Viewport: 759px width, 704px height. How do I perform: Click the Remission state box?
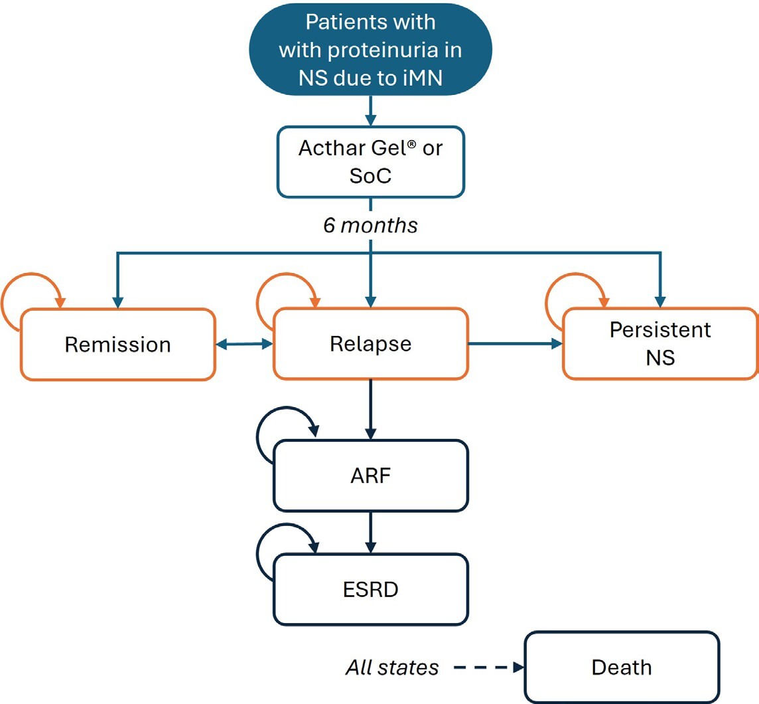[117, 345]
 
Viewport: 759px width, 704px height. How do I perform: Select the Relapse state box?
[370, 344]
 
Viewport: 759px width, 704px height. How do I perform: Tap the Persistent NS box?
[659, 344]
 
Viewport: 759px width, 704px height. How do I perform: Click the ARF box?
[370, 476]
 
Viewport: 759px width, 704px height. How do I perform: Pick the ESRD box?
[370, 589]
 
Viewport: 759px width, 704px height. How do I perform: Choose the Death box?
[622, 667]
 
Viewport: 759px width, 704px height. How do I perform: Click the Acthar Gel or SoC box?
[370, 162]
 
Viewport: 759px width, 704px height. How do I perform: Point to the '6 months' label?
[370, 225]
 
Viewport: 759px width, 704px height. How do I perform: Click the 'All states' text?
[391, 667]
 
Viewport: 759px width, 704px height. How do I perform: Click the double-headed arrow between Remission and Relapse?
[245, 344]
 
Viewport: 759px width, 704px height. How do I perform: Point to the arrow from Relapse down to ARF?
[370, 409]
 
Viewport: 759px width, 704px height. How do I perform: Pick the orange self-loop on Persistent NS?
[572, 296]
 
